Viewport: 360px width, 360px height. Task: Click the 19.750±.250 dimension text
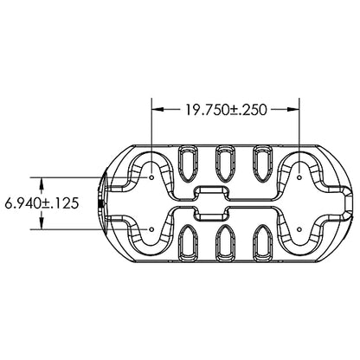coord(226,110)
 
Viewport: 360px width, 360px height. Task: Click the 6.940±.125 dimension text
coord(42,203)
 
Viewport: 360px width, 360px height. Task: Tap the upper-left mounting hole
coord(151,177)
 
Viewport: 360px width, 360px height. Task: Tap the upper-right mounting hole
coord(299,177)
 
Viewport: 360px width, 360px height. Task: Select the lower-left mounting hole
coord(151,229)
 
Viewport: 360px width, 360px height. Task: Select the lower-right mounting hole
coord(299,229)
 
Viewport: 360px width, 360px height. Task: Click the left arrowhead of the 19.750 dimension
coord(157,109)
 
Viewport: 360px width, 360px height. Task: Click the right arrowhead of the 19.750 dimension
coord(293,109)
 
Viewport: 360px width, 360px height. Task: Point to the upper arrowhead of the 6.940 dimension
coord(42,183)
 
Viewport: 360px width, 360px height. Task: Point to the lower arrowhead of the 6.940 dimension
coord(42,223)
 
